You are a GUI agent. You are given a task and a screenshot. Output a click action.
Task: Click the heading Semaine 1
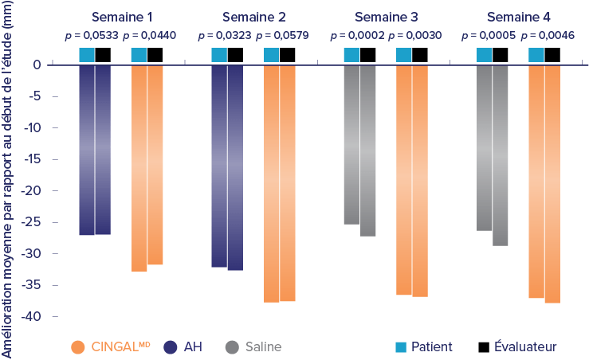click(x=120, y=17)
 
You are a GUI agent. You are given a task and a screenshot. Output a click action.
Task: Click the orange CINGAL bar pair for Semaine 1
click(x=147, y=167)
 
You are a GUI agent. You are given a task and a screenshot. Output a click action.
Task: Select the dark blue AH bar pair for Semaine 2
click(x=226, y=167)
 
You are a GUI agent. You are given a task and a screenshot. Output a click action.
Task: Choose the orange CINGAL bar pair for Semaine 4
click(x=544, y=183)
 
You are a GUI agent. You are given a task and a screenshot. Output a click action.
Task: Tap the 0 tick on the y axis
click(x=37, y=65)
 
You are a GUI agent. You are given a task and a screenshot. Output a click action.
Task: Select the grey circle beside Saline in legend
click(x=232, y=347)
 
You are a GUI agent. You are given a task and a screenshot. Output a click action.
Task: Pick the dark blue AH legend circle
click(x=169, y=347)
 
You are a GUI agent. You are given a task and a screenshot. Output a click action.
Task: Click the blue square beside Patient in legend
click(x=401, y=346)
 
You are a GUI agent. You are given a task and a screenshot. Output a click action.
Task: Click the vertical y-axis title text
click(x=9, y=180)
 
